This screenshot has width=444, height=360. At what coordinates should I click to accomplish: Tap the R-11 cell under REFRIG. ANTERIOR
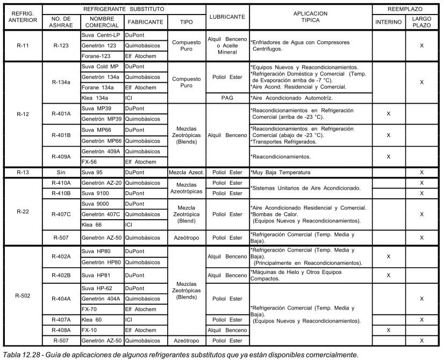coord(23,46)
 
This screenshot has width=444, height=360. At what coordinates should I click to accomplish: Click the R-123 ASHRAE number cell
coord(61,46)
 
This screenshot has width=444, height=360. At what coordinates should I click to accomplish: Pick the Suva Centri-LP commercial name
coord(101,35)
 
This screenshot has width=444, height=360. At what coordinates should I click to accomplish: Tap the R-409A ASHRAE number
coord(61,156)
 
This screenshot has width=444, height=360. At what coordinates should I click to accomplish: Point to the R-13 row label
coord(23,172)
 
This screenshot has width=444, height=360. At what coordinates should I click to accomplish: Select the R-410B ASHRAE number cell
coord(61,193)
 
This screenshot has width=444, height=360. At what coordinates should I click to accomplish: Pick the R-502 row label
coord(23,296)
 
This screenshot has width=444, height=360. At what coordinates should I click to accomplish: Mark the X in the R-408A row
coord(388,330)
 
